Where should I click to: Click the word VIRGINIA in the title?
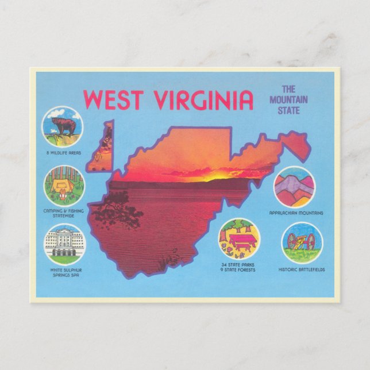(204, 100)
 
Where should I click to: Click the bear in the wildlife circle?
(63, 126)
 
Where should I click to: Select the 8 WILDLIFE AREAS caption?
(63, 153)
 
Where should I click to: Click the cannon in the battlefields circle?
(302, 242)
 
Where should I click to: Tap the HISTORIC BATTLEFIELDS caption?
(302, 269)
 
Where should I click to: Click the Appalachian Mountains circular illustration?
(294, 187)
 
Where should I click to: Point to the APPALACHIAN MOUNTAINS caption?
(296, 213)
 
